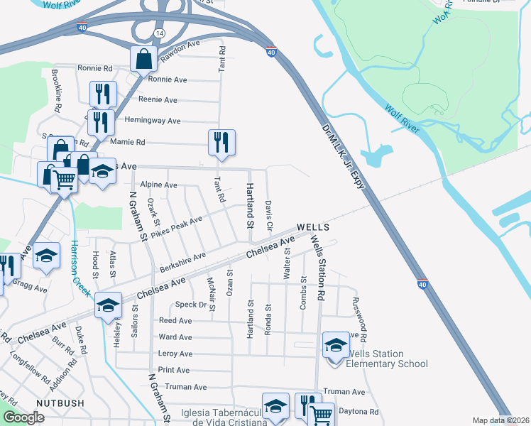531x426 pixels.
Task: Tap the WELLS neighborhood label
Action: coord(313,226)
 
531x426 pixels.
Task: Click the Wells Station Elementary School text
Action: coord(387,359)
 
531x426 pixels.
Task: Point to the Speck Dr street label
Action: coord(190,305)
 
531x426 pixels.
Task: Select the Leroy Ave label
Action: coord(175,354)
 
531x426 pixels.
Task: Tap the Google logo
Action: coord(24,417)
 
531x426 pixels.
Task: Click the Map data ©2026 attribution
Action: coord(500,420)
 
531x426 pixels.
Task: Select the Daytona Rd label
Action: coord(359,411)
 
